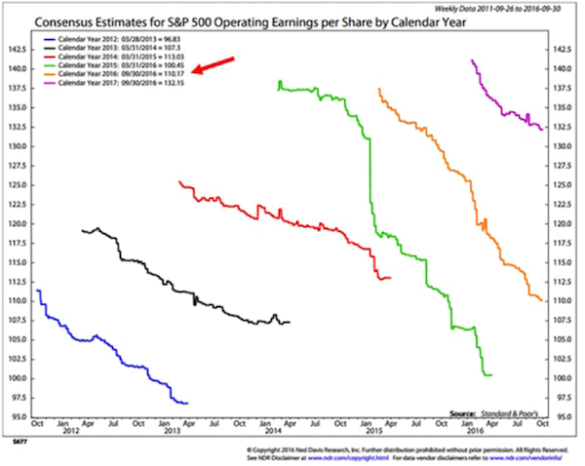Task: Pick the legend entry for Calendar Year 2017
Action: coord(116,84)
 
